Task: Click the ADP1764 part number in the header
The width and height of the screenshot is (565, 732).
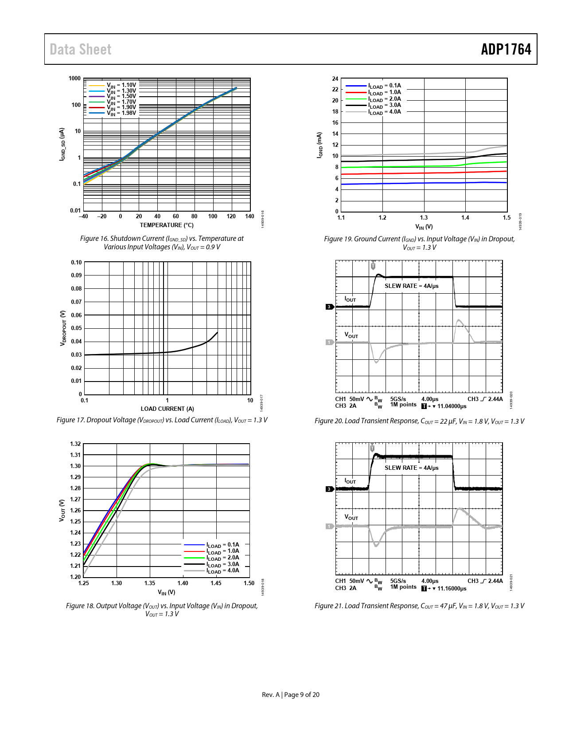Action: [x=506, y=49]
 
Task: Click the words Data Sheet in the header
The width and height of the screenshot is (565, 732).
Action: [x=80, y=49]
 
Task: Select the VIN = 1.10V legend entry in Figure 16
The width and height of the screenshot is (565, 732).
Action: [x=121, y=85]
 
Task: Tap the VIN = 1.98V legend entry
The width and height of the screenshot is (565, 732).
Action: [x=121, y=113]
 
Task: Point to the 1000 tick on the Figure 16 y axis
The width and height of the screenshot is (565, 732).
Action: [x=74, y=79]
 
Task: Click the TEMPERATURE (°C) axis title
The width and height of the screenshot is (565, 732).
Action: [x=167, y=225]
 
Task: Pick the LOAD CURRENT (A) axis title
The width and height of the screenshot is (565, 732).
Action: [x=167, y=409]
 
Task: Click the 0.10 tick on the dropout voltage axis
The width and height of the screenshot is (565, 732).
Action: [x=76, y=262]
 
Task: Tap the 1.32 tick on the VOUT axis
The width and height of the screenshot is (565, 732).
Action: [x=75, y=444]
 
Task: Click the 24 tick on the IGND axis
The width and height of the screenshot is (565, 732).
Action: [x=335, y=79]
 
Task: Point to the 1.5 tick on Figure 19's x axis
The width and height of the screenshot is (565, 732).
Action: [x=507, y=217]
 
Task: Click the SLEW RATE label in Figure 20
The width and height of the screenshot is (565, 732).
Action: [x=411, y=286]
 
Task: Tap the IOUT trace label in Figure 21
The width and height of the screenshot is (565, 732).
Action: [x=350, y=481]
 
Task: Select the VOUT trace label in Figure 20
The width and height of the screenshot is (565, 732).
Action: [x=351, y=335]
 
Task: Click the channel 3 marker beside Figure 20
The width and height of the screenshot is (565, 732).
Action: [x=329, y=307]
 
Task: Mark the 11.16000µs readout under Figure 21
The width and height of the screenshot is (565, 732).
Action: [x=452, y=588]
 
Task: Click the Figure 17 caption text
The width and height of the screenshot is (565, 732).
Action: [x=162, y=420]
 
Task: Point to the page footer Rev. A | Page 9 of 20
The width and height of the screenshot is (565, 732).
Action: [x=290, y=694]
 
